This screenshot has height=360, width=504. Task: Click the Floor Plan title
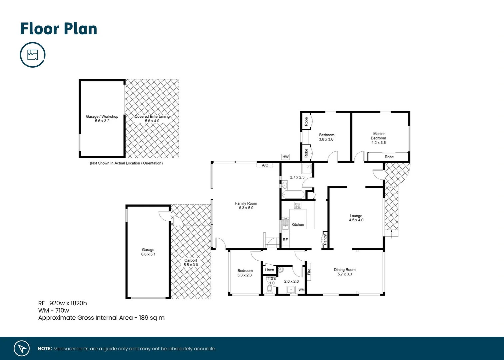coord(59,29)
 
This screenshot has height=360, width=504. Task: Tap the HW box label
coord(285,157)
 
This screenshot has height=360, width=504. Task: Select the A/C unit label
coord(265,165)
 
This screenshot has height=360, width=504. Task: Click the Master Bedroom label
coord(379,136)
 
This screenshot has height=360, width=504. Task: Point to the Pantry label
coord(325,239)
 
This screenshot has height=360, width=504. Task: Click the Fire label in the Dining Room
coord(309,272)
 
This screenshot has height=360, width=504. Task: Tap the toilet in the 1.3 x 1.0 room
coord(269,289)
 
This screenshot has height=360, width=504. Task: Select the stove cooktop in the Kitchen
coord(297,205)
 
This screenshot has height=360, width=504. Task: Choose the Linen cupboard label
coord(269,270)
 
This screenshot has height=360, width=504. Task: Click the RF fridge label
coord(285,240)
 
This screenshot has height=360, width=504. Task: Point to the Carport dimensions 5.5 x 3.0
coord(191,265)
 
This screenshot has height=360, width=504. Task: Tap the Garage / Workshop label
coord(102,117)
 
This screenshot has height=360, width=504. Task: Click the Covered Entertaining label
coord(152,117)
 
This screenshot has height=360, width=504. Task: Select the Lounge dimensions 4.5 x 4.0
coord(356,220)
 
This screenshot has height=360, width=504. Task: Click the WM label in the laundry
coord(301,290)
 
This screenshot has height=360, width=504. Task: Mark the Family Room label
coord(246,203)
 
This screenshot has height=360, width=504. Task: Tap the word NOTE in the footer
coord(45,349)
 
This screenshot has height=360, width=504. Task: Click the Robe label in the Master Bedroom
coord(389,157)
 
